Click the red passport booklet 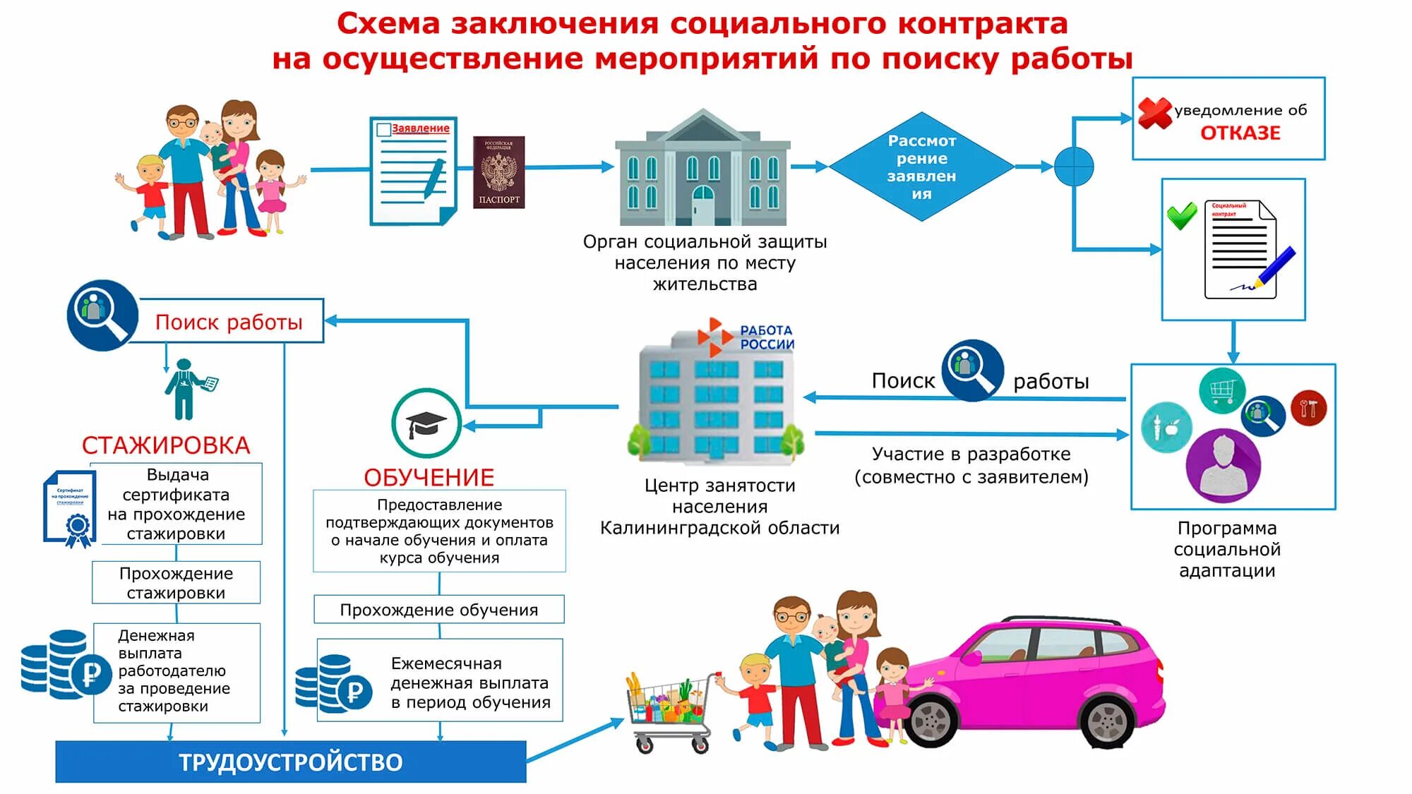click(x=499, y=172)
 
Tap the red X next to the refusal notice click(x=1154, y=113)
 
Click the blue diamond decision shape click(x=921, y=167)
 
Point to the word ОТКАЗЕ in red click(x=1240, y=133)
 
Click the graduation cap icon click(x=426, y=423)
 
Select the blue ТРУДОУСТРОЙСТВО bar click(x=291, y=762)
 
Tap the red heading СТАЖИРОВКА click(x=166, y=445)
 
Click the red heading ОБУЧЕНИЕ click(x=429, y=478)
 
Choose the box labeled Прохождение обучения click(x=438, y=610)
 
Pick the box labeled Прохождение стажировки click(x=176, y=583)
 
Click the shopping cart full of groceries click(x=667, y=709)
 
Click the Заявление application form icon click(x=414, y=172)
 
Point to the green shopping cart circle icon click(x=1221, y=390)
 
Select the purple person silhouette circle click(x=1223, y=465)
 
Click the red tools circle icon click(x=1308, y=408)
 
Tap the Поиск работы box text click(x=229, y=323)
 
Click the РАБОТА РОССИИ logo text click(x=767, y=337)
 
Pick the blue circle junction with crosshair click(x=1074, y=167)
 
